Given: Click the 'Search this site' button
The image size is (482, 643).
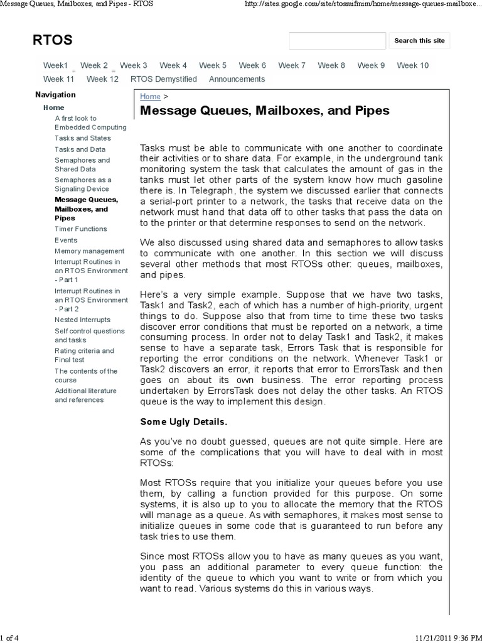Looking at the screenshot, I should pyautogui.click(x=419, y=41).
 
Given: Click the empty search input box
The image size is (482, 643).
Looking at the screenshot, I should pyautogui.click(x=337, y=41).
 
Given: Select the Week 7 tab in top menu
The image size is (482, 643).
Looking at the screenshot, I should pyautogui.click(x=291, y=65).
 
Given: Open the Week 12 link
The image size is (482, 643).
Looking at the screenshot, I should pyautogui.click(x=102, y=79).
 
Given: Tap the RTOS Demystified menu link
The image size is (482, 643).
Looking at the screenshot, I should pyautogui.click(x=163, y=79).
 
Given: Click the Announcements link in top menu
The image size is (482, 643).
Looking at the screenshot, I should pyautogui.click(x=237, y=79).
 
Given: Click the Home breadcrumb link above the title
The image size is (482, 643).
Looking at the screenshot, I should pyautogui.click(x=150, y=97).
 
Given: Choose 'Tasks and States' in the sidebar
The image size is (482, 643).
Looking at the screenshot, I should pyautogui.click(x=82, y=138).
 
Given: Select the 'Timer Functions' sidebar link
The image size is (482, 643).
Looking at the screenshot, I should pyautogui.click(x=80, y=229).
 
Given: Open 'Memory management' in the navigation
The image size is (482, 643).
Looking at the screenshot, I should pyautogui.click(x=89, y=251).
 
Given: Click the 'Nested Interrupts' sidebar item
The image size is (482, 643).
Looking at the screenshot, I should pyautogui.click(x=83, y=320).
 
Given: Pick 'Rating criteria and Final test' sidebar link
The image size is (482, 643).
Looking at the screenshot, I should pyautogui.click(x=84, y=355).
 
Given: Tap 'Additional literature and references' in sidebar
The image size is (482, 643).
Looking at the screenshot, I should pyautogui.click(x=85, y=395).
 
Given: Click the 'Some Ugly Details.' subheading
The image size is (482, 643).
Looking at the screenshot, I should pyautogui.click(x=184, y=421).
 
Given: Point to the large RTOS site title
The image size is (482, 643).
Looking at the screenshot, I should pyautogui.click(x=52, y=41).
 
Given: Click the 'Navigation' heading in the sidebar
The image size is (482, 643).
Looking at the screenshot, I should pyautogui.click(x=55, y=95).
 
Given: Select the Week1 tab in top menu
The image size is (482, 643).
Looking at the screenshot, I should pyautogui.click(x=55, y=65).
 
